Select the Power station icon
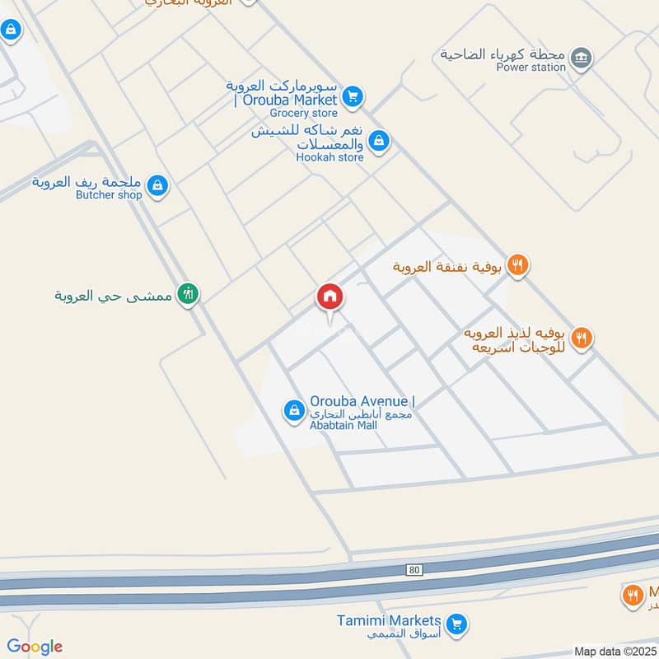(x=582, y=58)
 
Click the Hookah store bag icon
(x=378, y=141)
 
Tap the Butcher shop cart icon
(x=158, y=186)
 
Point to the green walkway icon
(x=189, y=293)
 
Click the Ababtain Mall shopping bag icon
(x=293, y=409)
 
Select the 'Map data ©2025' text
(x=615, y=652)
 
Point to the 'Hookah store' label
(x=330, y=157)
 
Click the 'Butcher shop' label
(x=109, y=195)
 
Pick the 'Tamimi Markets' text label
(x=390, y=620)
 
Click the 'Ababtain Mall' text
(x=344, y=425)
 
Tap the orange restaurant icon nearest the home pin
(x=517, y=264)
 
